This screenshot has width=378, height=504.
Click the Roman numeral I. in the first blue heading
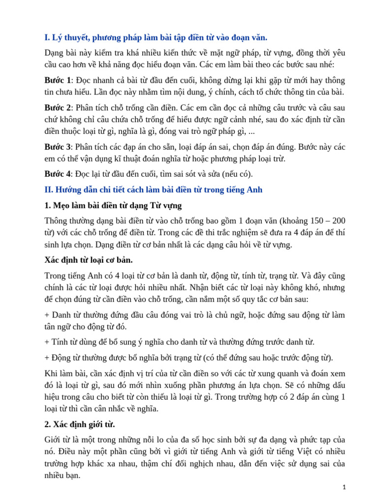(x=47, y=37)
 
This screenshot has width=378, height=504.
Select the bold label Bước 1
(x=58, y=80)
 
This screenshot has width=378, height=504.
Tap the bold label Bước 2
(x=58, y=107)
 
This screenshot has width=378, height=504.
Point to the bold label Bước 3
(x=58, y=147)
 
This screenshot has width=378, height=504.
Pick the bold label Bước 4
(x=58, y=174)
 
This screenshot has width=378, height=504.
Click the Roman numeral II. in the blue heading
(x=49, y=189)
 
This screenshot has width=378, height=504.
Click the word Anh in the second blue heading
(x=255, y=189)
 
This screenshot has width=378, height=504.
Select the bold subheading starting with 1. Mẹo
(x=113, y=205)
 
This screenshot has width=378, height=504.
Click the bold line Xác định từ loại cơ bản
(x=89, y=260)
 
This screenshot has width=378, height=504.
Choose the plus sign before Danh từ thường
(x=47, y=315)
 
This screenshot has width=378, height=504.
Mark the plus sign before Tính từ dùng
(x=47, y=342)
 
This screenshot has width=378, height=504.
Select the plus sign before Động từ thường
(x=47, y=358)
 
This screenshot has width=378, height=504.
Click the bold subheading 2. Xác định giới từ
(x=80, y=424)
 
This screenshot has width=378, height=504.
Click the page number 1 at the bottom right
(x=345, y=487)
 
